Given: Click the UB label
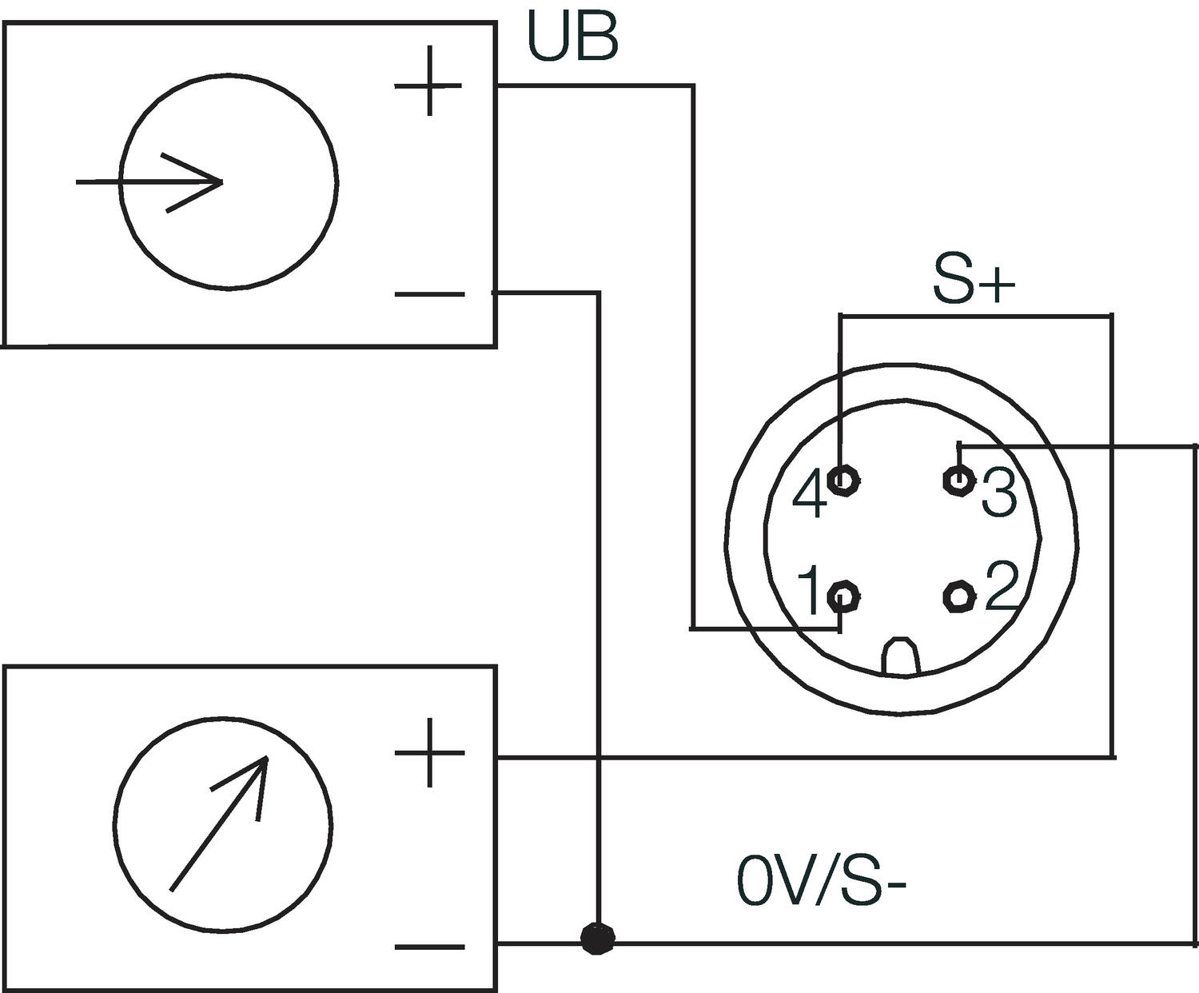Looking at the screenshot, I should click(572, 38).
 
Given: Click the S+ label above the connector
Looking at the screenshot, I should click(973, 281).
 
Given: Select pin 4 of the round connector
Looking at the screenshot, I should click(843, 481).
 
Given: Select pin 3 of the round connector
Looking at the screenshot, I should click(958, 480).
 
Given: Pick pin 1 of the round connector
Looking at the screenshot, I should click(844, 596).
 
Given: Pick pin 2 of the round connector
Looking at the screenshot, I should click(958, 595).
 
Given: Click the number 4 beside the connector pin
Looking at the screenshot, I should click(810, 495).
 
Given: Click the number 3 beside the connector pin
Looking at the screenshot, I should click(999, 492).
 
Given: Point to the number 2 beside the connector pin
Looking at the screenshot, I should click(1002, 587).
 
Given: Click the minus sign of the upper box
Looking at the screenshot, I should click(429, 294).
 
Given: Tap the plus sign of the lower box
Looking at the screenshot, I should click(429, 752).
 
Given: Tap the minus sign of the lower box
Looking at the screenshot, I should click(429, 947).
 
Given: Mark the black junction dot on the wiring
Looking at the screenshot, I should click(597, 939).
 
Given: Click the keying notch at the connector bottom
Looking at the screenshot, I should click(901, 656).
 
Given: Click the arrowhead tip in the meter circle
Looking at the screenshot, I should click(267, 756).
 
